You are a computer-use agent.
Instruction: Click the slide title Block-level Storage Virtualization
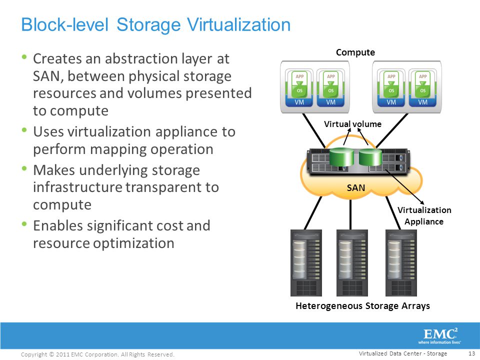pos(155,24)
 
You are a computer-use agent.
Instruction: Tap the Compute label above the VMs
pos(355,52)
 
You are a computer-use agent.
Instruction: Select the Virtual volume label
pos(352,124)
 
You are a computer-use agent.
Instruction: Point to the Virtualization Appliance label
pos(424,215)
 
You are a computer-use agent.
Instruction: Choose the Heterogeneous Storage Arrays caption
pos(362,305)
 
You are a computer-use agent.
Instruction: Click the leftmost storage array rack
pos(306,263)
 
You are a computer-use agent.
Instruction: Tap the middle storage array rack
pos(352,263)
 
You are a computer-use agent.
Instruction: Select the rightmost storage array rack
pos(400,263)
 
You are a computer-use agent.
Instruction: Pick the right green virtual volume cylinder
pos(370,156)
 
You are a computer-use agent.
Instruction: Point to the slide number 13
pos(470,353)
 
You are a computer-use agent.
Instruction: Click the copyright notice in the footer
pos(97,354)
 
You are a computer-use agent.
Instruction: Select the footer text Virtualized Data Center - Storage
pos(403,353)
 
